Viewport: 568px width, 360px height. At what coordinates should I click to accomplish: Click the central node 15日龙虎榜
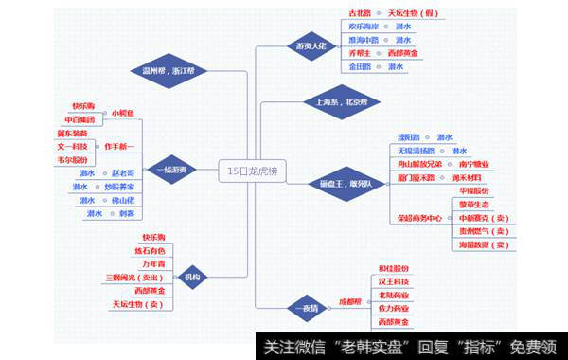tap(255, 171)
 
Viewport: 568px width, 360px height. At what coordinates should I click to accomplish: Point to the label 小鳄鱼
tap(124, 114)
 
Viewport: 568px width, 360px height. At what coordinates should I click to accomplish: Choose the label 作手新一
tap(119, 147)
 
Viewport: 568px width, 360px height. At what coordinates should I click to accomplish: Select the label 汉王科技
tap(394, 281)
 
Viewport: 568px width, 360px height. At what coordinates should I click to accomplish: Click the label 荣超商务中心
tap(419, 218)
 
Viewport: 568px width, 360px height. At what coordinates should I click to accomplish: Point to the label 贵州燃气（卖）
tap(483, 231)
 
